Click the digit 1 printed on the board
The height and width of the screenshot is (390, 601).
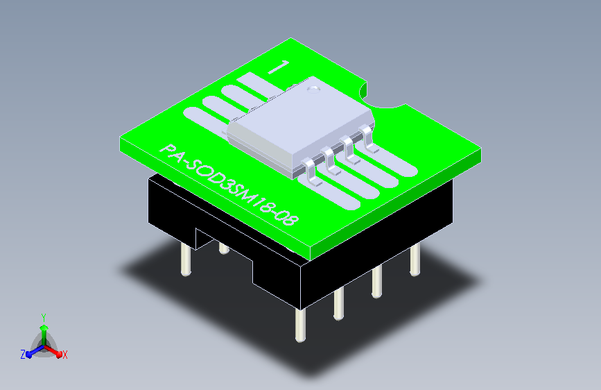point(279,67)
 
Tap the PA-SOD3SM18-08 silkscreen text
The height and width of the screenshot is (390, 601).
point(229,185)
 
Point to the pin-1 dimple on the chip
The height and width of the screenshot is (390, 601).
point(314,90)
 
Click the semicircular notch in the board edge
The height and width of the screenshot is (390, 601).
point(381,96)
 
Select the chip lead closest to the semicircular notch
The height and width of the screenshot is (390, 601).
point(368,139)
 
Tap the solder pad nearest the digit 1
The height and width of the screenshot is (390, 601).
point(256,85)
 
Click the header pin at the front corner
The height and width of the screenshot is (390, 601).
point(301,325)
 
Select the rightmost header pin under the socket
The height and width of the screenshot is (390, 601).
point(415,260)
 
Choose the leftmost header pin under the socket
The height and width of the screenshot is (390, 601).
point(186,260)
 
